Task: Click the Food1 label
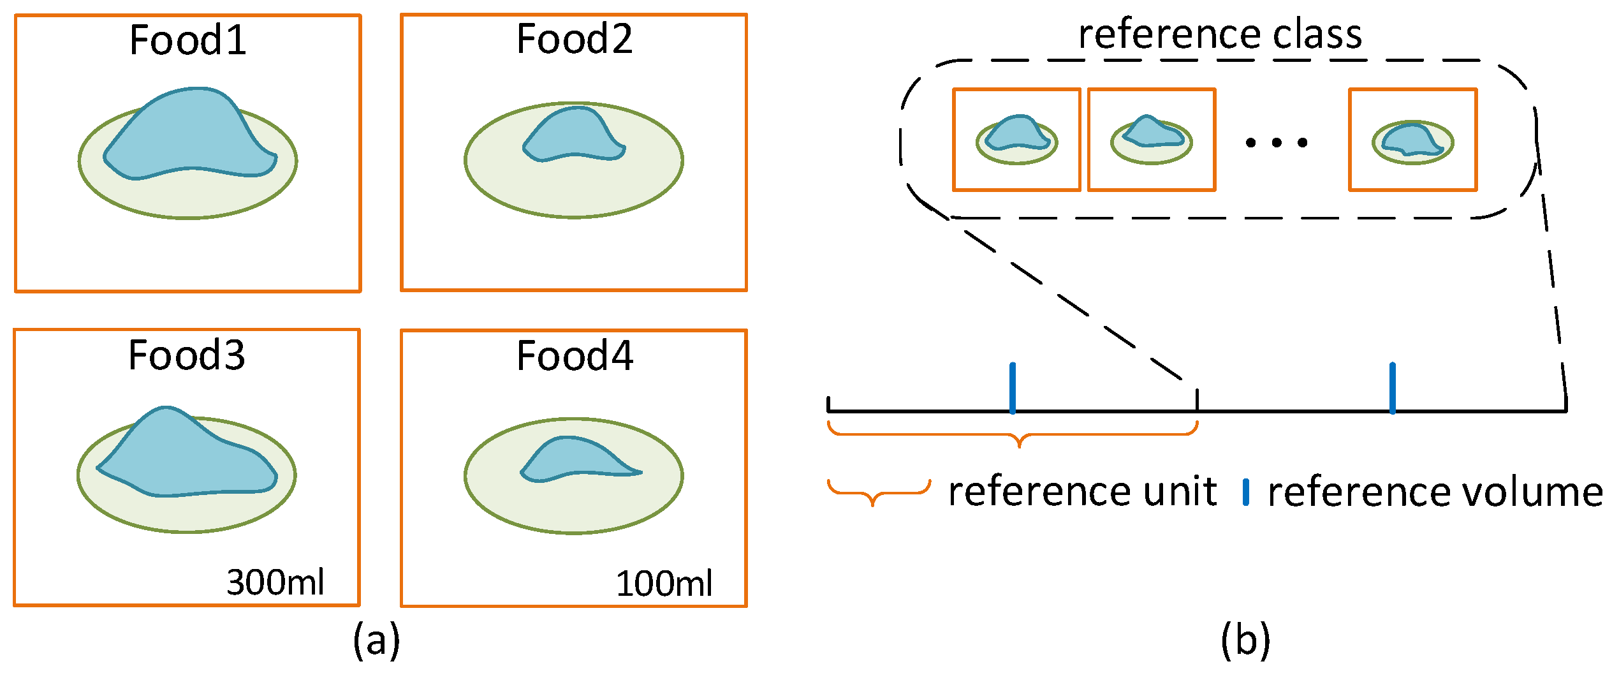tap(187, 40)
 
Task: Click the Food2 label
tap(574, 39)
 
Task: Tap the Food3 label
tap(186, 355)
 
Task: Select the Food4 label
tap(575, 356)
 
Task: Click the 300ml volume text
tap(275, 582)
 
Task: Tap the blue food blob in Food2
tap(573, 136)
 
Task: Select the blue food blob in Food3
tap(185, 456)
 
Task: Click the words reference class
tap(1220, 34)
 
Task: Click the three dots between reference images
tap(1277, 143)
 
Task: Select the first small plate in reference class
tap(1016, 140)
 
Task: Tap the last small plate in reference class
tap(1412, 142)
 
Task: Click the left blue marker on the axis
tap(1013, 387)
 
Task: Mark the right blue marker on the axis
tap(1392, 387)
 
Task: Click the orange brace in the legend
tap(879, 491)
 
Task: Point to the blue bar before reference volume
tap(1245, 492)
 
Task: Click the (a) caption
tap(376, 639)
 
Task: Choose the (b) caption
tap(1245, 639)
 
